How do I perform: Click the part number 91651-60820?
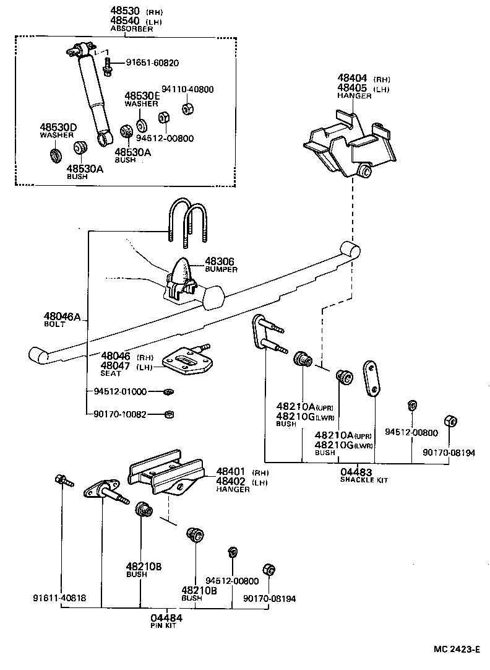tap(152, 63)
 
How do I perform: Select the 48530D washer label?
tap(58, 128)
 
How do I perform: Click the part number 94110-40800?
tap(187, 89)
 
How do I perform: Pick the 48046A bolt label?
tap(62, 317)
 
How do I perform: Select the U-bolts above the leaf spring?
tap(188, 220)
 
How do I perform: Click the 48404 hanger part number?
tap(352, 78)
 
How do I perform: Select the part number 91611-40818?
tap(59, 598)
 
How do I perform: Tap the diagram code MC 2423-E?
tap(457, 649)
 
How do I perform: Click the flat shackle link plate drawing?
tap(372, 378)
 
